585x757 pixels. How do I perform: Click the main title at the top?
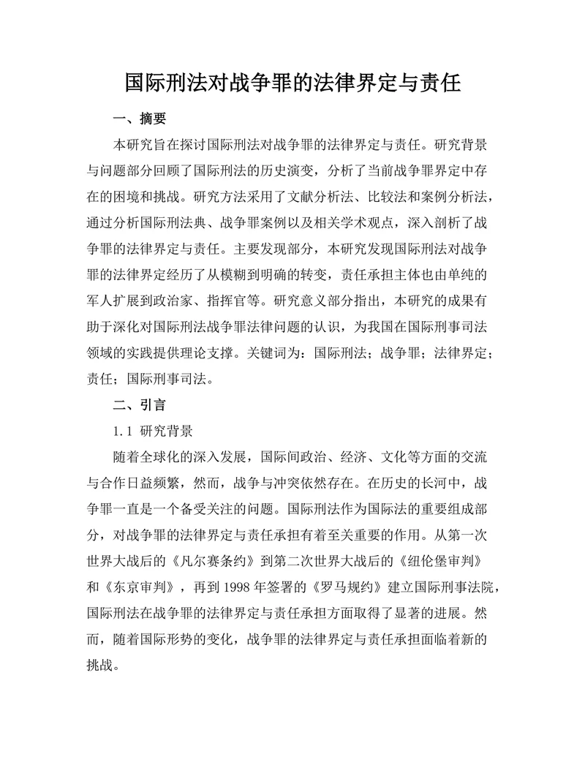click(x=292, y=81)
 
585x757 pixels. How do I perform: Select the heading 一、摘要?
click(x=139, y=118)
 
